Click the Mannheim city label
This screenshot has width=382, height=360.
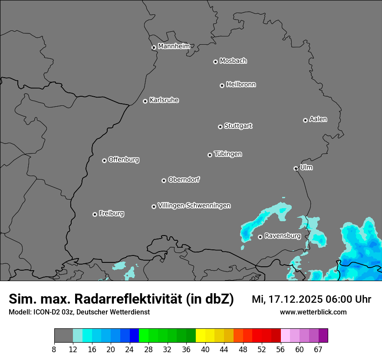[x=174, y=46]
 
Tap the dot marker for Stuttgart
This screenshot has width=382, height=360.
[x=220, y=127]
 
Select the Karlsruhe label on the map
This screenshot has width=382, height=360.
[x=164, y=100]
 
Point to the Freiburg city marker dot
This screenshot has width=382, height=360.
[x=95, y=214]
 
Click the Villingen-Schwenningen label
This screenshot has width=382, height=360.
[x=194, y=206]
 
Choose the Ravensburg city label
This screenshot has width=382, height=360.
[x=282, y=236]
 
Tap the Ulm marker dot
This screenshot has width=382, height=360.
[x=296, y=168]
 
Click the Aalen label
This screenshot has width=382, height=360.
[x=318, y=119]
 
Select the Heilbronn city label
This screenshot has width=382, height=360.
[x=241, y=85]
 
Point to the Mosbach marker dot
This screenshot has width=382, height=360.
[x=215, y=62]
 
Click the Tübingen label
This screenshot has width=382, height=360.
[x=228, y=154]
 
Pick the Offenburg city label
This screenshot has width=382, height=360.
[x=124, y=160]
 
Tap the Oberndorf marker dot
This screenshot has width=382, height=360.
[x=164, y=180]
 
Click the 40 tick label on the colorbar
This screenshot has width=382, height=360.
[x=205, y=350]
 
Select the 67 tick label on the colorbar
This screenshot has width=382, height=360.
[x=318, y=350]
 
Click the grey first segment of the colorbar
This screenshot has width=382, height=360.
[x=63, y=336]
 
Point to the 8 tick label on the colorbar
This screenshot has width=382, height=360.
[x=54, y=350]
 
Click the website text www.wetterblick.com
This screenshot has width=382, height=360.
[x=313, y=312]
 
